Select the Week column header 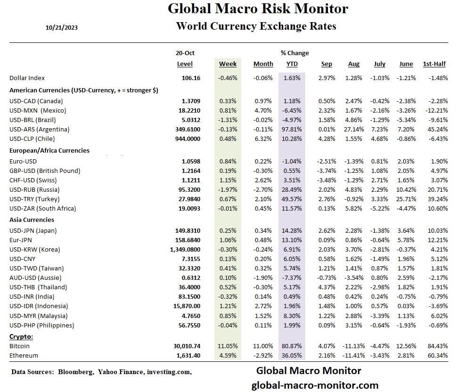click(228, 64)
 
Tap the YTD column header click(292, 64)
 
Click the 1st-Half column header click(434, 64)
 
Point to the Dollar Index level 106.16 click(191, 78)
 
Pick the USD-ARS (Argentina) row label click(40, 129)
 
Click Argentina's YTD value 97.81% click(292, 129)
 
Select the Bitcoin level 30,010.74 click(187, 346)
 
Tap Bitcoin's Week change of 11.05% click(228, 346)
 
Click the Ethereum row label click(24, 355)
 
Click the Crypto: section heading click(22, 336)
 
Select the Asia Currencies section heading click(32, 220)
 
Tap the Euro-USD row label click(24, 161)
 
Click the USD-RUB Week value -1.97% click(228, 189)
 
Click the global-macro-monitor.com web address click(315, 385)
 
